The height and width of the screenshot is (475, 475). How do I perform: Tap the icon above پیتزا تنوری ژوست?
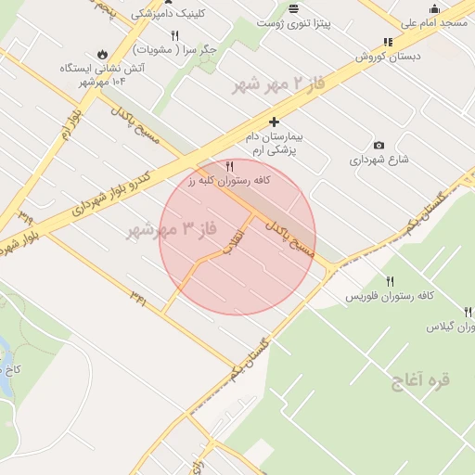[x=293, y=8]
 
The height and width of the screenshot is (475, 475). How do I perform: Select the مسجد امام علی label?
[x=433, y=22]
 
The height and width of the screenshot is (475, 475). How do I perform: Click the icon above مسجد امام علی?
[x=434, y=8]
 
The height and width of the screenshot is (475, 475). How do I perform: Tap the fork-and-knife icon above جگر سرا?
[x=174, y=34]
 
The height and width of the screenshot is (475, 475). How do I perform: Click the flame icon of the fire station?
[x=101, y=54]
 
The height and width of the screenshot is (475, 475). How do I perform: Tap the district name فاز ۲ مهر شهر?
[x=278, y=83]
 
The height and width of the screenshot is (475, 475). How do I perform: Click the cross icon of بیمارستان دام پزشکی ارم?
[x=274, y=122]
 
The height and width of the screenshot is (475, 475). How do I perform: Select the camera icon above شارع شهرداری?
[x=379, y=146]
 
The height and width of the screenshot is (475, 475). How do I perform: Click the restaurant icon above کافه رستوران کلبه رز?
[x=229, y=166]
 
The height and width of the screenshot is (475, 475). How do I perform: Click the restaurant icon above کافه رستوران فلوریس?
[x=390, y=282]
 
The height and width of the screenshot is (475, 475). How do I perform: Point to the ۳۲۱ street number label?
[x=138, y=298]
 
